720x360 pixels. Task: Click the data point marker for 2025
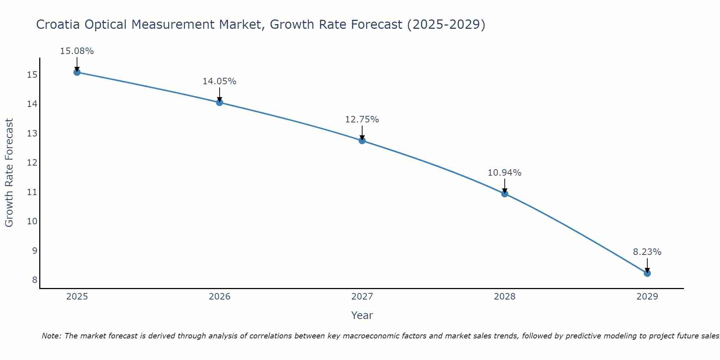(x=77, y=72)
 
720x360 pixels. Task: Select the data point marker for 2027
(x=362, y=140)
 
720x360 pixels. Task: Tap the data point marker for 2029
(x=647, y=273)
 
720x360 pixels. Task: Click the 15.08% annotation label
(x=77, y=51)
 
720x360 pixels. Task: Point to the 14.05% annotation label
(x=219, y=81)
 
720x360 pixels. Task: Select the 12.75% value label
(x=362, y=120)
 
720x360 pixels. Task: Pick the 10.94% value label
(x=504, y=173)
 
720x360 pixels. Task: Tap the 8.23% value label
(x=647, y=252)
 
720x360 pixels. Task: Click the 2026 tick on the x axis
(x=220, y=297)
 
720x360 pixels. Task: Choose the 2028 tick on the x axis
(x=505, y=297)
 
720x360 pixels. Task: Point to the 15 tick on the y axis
(x=32, y=75)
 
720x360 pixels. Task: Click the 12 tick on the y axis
(x=32, y=163)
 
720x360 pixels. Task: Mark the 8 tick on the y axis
(x=35, y=280)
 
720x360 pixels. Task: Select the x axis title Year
(x=362, y=315)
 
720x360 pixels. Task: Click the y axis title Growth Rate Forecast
(x=9, y=173)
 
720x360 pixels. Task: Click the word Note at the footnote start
(x=51, y=336)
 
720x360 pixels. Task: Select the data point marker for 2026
(x=220, y=102)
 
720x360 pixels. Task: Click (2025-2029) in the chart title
(x=446, y=24)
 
